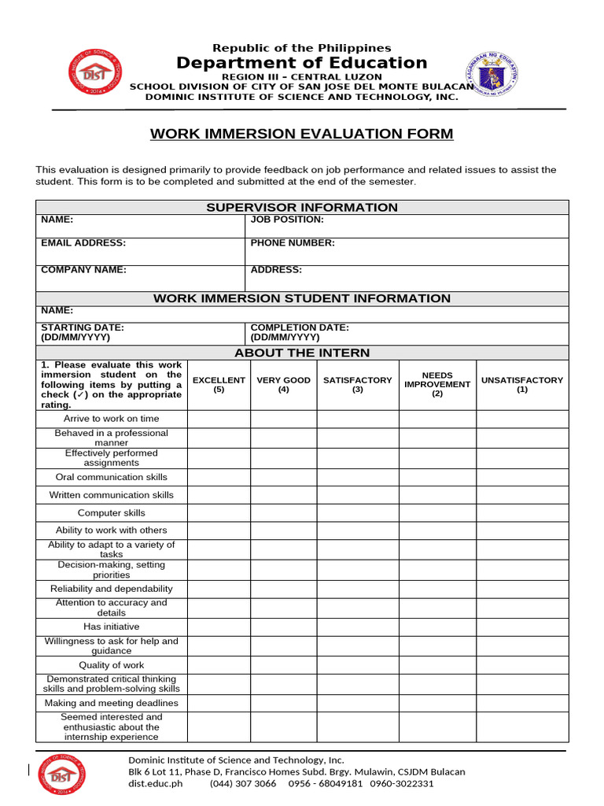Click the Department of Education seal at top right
pos(492,75)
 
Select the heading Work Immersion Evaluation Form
pos(302,134)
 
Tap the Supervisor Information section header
pos(302,207)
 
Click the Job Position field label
pos(287,220)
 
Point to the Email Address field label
pos(83,243)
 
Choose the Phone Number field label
pos(293,243)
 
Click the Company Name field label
pos(83,270)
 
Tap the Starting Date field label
pos(83,327)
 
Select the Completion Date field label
pos(300,327)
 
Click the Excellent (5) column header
pos(219,385)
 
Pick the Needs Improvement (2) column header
pos(437,385)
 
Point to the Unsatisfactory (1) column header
pos(522,385)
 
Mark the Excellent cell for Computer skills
pos(219,513)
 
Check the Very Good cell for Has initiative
pos(284,627)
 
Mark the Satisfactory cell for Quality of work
pos(358,665)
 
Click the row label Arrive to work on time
pos(112,419)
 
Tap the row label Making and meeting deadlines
pos(112,703)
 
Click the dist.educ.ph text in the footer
pos(156,784)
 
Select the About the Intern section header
pos(302,353)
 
